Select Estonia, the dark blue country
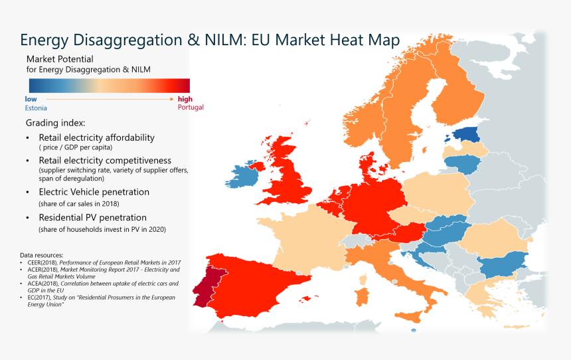tap(470, 135)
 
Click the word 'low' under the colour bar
tap(31, 98)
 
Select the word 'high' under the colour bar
tap(185, 98)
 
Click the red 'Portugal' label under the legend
tap(191, 107)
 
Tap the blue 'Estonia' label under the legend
tap(36, 108)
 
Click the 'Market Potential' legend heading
tap(60, 59)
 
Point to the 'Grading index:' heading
tap(55, 124)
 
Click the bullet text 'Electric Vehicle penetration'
tap(94, 192)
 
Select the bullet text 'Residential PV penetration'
tap(92, 217)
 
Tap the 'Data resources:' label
tap(41, 255)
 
